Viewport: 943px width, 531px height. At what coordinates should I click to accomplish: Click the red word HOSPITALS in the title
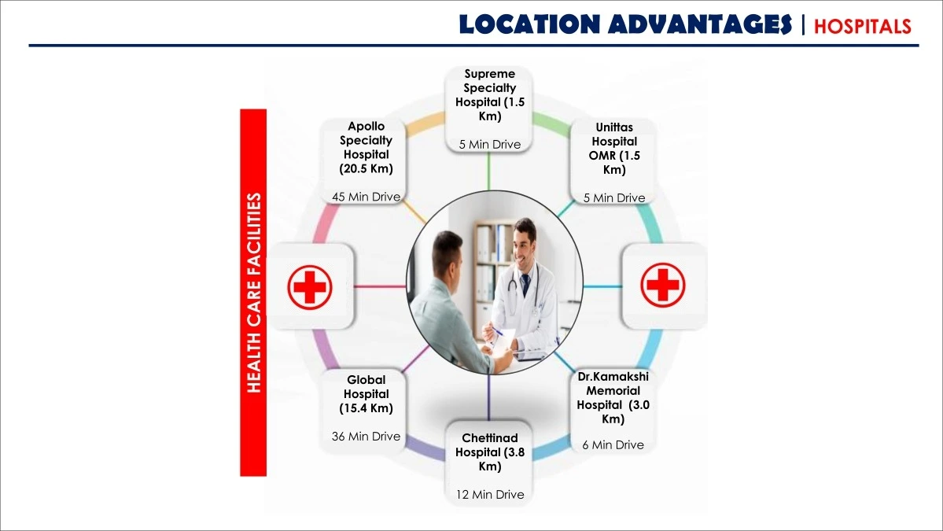pos(863,26)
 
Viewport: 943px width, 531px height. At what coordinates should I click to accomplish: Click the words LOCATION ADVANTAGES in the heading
pos(625,24)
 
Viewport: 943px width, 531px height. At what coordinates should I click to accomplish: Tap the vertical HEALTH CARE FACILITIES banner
pos(253,293)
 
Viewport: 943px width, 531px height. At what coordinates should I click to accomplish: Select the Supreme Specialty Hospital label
pos(489,95)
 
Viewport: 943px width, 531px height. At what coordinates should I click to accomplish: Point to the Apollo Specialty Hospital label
pos(366,147)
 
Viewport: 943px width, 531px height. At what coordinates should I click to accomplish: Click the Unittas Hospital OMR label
pos(614,149)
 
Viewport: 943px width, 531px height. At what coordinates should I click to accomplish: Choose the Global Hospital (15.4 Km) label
pos(366,394)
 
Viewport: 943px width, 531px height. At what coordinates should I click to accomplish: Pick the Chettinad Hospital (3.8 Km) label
pos(489,452)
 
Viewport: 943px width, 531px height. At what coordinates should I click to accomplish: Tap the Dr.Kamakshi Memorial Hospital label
pos(613,397)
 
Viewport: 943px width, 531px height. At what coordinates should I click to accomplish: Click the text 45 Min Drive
pos(366,197)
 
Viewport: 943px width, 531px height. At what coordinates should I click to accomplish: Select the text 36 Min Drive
pos(366,436)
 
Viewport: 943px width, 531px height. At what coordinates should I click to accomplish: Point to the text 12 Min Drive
pos(489,494)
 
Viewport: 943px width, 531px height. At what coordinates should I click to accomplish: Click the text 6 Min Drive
pos(613,445)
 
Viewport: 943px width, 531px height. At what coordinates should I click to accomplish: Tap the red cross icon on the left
pos(310,287)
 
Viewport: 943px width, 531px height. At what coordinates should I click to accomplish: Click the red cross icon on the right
pos(663,285)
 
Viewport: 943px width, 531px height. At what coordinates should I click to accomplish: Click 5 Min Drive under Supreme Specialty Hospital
pos(489,144)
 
